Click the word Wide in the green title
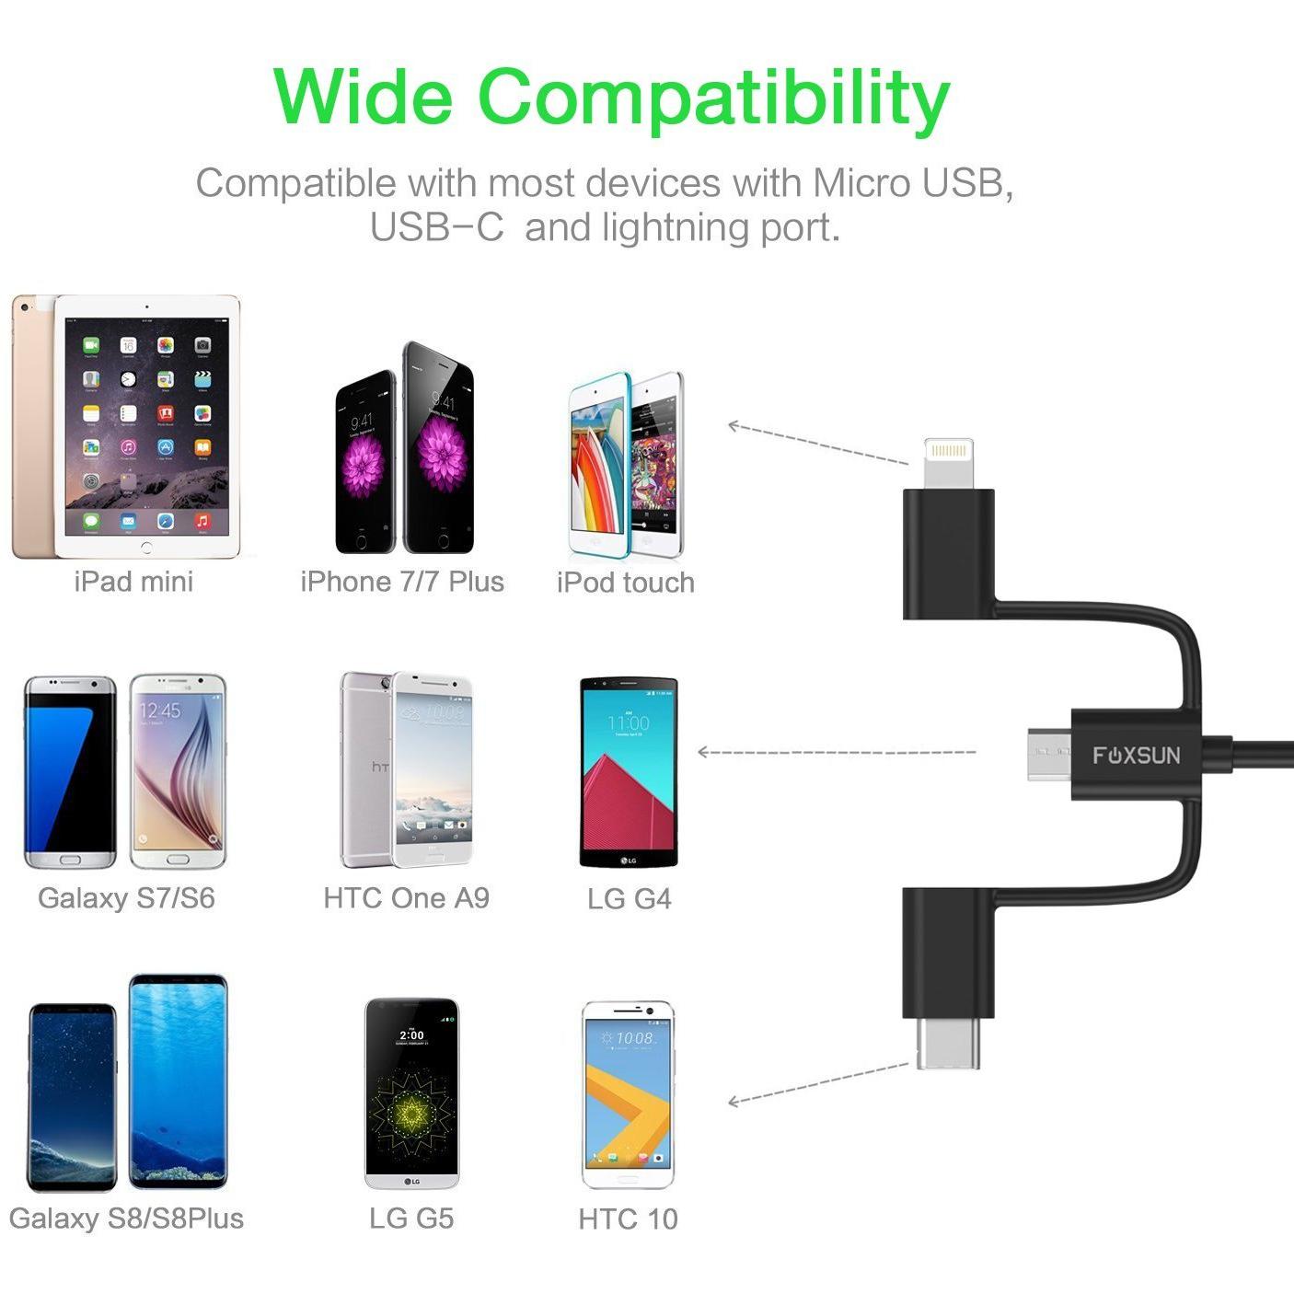click(x=364, y=97)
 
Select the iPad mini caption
click(x=133, y=582)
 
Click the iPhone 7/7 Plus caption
click(x=402, y=582)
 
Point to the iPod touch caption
click(x=626, y=583)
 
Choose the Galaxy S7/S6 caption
click(x=126, y=898)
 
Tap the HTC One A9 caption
click(x=406, y=898)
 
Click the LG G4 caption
click(x=630, y=898)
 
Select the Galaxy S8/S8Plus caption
click(x=126, y=1219)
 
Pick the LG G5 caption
click(x=411, y=1219)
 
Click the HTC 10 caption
click(x=628, y=1219)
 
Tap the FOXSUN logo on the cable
click(x=1137, y=756)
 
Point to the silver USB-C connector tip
click(x=948, y=1042)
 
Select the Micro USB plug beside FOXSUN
click(x=1049, y=754)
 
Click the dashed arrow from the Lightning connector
click(x=818, y=444)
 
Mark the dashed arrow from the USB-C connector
click(x=818, y=1085)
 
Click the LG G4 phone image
click(x=629, y=772)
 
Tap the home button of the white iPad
click(x=146, y=548)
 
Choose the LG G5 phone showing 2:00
click(x=411, y=1093)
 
